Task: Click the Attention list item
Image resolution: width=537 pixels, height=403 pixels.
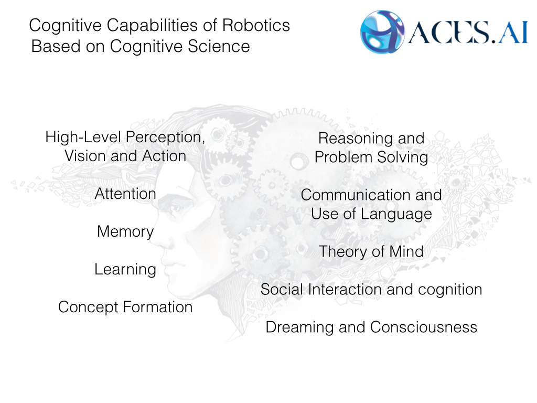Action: pos(125,194)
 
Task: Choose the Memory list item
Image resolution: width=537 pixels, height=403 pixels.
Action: pos(125,231)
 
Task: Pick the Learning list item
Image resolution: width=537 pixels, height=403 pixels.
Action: pos(125,269)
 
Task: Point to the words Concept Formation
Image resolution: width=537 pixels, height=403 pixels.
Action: pos(125,307)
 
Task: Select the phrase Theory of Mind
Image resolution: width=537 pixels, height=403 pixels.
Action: pos(371,251)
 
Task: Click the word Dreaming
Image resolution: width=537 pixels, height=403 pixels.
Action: pos(296,327)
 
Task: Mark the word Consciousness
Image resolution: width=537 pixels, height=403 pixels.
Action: pos(424,327)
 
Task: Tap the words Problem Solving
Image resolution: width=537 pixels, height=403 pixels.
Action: pos(371,157)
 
